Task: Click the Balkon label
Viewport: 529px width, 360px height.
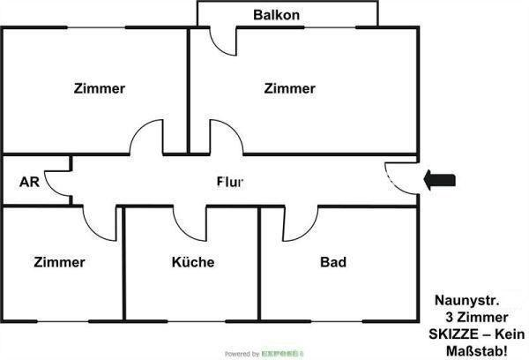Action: click(x=276, y=15)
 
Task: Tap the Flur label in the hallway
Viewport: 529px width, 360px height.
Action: click(x=230, y=182)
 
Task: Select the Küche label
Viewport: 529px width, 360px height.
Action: click(x=193, y=262)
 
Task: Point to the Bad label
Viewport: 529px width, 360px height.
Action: click(x=333, y=262)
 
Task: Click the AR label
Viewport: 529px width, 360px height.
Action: click(x=28, y=183)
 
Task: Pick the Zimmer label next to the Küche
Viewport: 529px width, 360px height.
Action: click(x=60, y=262)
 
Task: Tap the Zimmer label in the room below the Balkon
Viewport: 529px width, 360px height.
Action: click(x=289, y=88)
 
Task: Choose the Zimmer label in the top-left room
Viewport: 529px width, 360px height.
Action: click(x=100, y=88)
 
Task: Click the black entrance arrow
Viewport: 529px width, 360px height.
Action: click(x=439, y=181)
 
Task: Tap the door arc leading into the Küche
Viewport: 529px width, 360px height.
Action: click(x=190, y=222)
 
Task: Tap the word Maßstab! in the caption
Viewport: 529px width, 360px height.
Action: click(x=481, y=351)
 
